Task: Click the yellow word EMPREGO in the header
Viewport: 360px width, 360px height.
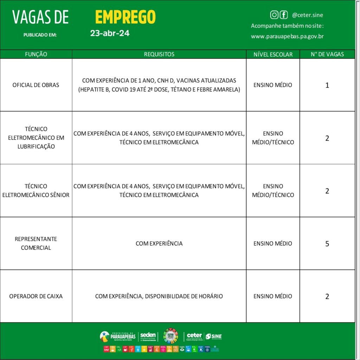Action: point(125,17)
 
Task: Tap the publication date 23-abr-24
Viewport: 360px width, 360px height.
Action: point(110,33)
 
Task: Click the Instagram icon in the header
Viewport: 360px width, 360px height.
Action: point(274,15)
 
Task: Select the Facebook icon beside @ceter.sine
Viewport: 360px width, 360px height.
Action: point(283,15)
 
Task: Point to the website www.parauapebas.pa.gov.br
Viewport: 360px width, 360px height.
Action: point(287,36)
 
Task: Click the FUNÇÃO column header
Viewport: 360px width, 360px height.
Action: point(36,54)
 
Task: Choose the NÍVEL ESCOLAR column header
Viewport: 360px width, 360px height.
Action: point(273,54)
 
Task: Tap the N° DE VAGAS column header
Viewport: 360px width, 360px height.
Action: point(327,54)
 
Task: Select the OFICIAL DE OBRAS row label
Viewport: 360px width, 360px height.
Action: point(36,85)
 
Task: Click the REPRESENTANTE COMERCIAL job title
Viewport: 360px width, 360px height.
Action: point(36,243)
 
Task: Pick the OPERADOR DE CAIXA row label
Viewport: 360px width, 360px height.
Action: point(36,296)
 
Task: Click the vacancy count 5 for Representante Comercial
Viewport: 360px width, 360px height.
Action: point(327,244)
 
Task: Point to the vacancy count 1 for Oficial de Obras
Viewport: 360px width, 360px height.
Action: point(327,85)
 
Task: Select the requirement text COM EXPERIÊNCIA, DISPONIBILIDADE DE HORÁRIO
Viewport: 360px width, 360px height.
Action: point(159,296)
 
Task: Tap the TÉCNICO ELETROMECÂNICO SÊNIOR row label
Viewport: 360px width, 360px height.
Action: point(36,191)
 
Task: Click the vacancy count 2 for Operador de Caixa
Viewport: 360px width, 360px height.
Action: point(327,296)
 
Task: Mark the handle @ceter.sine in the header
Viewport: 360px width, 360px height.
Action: point(307,15)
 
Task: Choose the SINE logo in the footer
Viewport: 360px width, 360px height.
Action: point(214,336)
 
